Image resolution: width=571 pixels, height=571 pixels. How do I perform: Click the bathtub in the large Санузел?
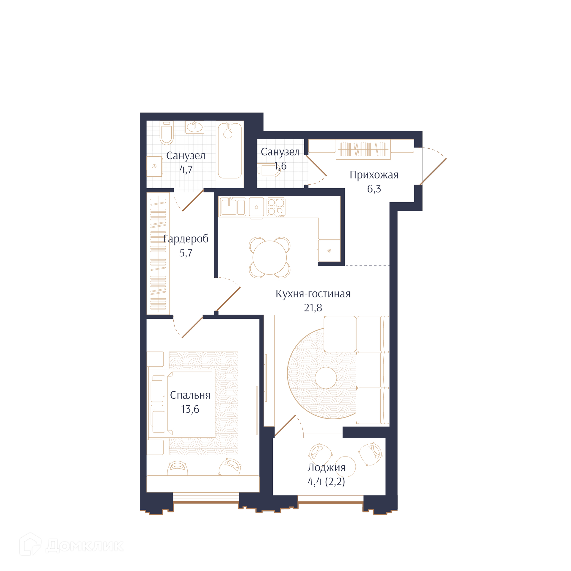click(230, 151)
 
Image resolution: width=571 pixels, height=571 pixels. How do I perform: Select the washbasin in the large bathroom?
click(195, 127)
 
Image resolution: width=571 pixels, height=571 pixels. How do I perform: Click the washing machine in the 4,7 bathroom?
click(155, 167)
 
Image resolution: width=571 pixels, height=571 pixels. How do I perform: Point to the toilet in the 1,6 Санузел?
click(269, 170)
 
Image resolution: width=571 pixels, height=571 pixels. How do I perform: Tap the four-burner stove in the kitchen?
click(276, 207)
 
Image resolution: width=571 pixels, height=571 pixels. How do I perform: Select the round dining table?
click(269, 258)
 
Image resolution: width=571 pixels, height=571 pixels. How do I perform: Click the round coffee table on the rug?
click(326, 378)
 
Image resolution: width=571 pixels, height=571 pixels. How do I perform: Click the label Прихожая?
click(374, 175)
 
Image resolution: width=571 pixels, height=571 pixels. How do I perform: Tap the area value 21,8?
click(313, 308)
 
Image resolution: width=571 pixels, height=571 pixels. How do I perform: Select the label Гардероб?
click(186, 239)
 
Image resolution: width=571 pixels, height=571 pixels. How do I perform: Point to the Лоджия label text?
click(326, 468)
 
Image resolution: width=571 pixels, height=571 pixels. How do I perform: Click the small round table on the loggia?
click(345, 467)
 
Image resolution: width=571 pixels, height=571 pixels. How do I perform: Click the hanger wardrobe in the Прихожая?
click(363, 149)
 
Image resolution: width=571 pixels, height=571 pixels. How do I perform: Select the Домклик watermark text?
click(84, 546)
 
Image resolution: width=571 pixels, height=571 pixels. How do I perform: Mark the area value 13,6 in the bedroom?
click(190, 409)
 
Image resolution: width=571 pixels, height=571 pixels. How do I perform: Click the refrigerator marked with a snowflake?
click(329, 251)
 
